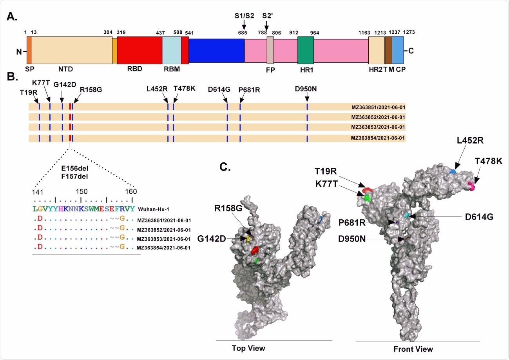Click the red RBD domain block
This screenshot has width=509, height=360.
coord(139,51)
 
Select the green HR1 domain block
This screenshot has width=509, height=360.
coord(306,51)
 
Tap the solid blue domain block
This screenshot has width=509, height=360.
coord(216,51)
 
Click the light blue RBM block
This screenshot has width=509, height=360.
coord(172,51)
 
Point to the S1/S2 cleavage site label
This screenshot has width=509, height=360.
coord(243,16)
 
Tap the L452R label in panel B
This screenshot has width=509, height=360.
coord(157,89)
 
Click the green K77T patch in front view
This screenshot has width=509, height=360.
coord(367,198)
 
